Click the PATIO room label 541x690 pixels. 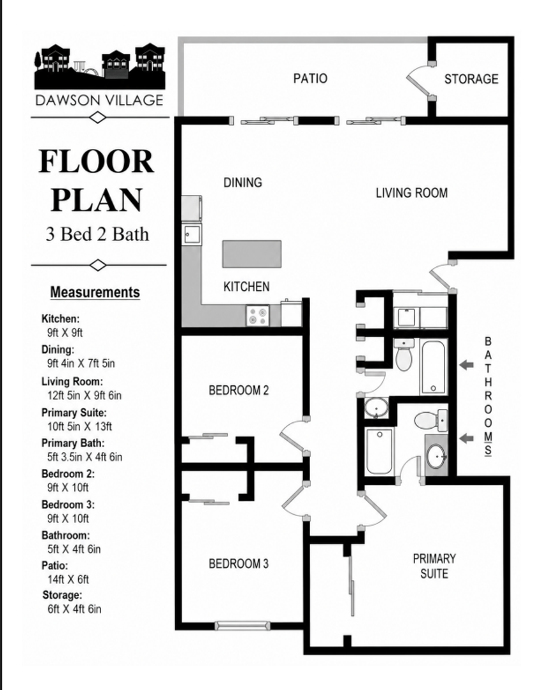310,79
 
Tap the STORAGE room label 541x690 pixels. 471,79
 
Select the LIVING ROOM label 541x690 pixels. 411,193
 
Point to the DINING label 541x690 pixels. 243,182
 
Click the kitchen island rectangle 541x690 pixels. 251,254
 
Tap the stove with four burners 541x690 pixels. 258,316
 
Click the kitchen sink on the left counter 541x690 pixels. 192,234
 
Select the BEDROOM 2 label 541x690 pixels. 239,390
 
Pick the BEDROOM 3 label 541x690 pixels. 239,563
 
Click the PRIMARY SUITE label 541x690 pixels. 434,566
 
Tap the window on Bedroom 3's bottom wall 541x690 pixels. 242,625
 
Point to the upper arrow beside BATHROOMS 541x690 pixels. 467,365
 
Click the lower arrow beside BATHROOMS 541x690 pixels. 467,438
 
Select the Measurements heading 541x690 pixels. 95,292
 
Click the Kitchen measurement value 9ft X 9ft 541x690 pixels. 65,333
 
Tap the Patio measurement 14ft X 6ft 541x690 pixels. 68,579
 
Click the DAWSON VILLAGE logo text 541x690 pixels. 100,100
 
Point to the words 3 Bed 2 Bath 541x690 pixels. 97,234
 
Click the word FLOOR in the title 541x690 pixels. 97,162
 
